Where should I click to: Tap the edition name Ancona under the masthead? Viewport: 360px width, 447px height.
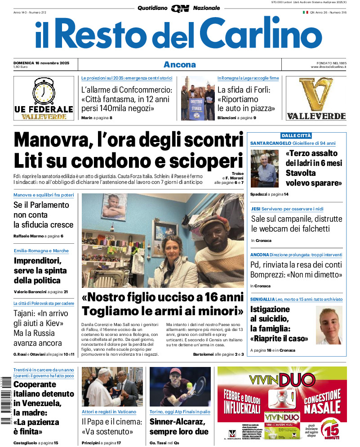179,64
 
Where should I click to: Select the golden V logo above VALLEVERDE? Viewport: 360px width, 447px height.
316,94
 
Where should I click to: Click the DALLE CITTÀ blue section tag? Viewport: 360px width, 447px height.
296,135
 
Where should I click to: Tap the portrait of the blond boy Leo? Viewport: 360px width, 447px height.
329,325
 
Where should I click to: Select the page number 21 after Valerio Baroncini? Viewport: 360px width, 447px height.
66,292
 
